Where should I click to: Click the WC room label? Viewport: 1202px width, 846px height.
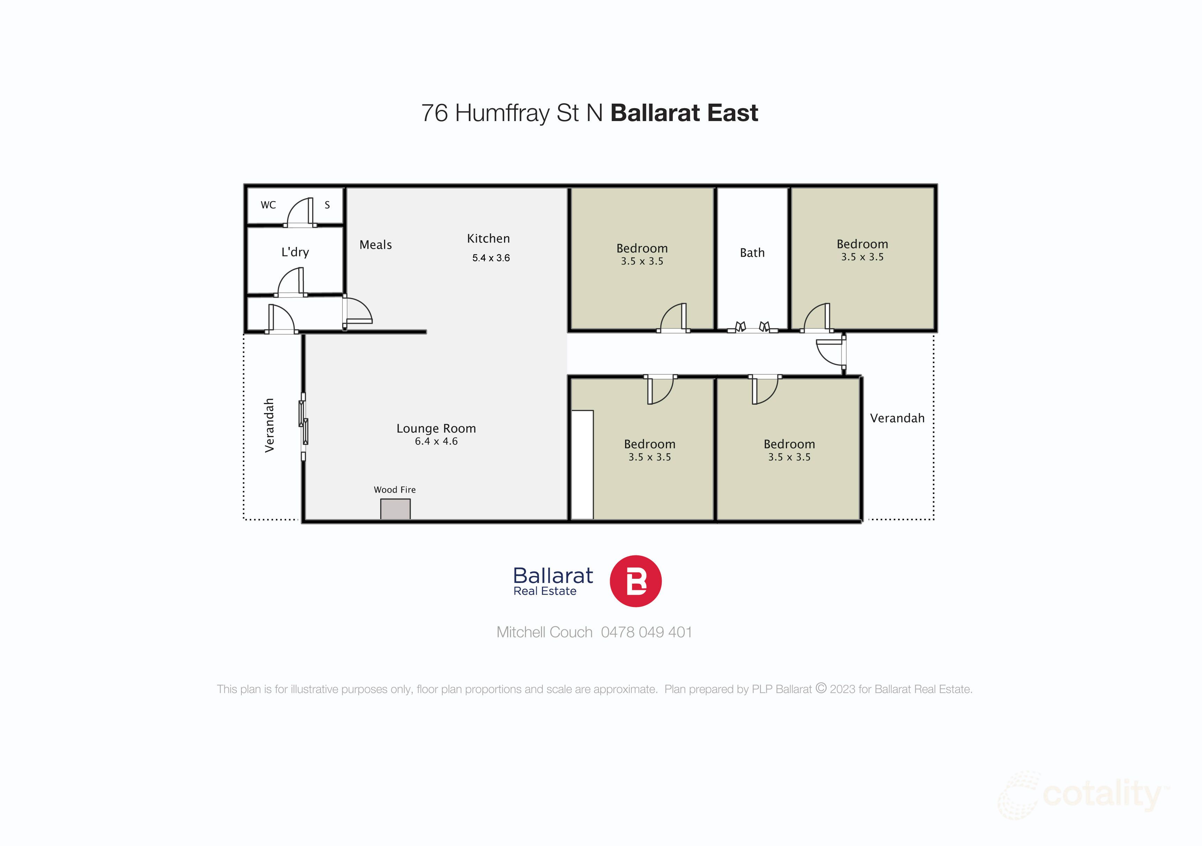(268, 205)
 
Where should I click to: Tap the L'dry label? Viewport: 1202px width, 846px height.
(295, 252)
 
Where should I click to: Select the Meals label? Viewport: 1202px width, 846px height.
(375, 245)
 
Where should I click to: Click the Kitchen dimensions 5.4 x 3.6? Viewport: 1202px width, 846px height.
(490, 257)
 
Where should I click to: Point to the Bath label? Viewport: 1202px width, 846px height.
(752, 253)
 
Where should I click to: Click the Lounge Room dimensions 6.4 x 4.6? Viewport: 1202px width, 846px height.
(436, 441)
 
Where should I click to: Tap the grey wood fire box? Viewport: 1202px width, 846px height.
(395, 509)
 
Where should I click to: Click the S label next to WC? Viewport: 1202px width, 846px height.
(327, 205)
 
